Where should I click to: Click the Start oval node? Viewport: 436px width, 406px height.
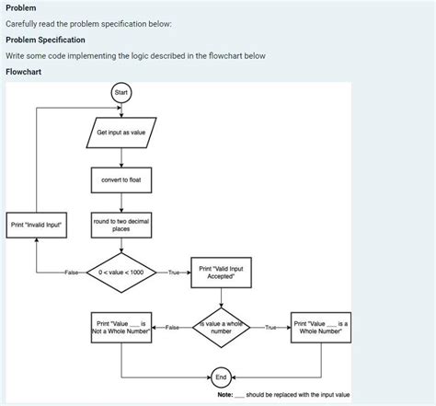pyautogui.click(x=120, y=93)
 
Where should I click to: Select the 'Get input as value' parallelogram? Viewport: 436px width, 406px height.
pyautogui.click(x=120, y=133)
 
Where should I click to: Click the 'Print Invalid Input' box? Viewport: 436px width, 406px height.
pyautogui.click(x=37, y=225)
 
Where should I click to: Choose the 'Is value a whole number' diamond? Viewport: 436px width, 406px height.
pyautogui.click(x=222, y=327)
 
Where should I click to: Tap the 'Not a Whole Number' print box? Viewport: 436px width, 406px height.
pyautogui.click(x=120, y=327)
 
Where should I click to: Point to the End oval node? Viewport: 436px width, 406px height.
pyautogui.click(x=222, y=377)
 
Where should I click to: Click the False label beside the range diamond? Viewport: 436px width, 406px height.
pyautogui.click(x=72, y=273)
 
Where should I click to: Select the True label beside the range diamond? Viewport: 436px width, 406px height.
pyautogui.click(x=174, y=273)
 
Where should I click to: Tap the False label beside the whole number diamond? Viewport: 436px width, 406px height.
pyautogui.click(x=172, y=327)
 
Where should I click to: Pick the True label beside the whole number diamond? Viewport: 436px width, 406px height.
pyautogui.click(x=270, y=327)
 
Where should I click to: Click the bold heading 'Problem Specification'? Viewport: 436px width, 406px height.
pyautogui.click(x=45, y=40)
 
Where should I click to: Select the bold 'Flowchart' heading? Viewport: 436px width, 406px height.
pyautogui.click(x=24, y=71)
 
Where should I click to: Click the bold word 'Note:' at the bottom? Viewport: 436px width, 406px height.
pyautogui.click(x=225, y=395)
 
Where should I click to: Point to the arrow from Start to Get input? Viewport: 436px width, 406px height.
pyautogui.click(x=120, y=110)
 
